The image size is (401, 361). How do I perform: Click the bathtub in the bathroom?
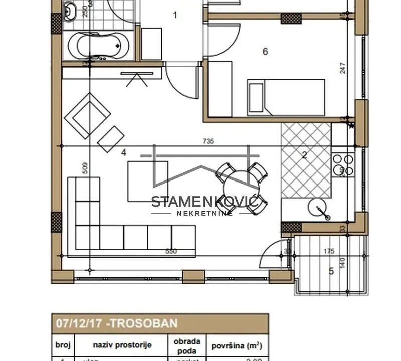pos(98,46)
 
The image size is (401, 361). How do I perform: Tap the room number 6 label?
pos(265,51)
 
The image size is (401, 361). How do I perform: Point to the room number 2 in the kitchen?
pos(304,155)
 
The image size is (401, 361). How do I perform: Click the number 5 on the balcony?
pos(331,271)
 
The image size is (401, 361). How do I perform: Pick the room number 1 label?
pos(175,15)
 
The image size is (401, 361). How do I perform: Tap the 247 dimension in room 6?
pos(343,68)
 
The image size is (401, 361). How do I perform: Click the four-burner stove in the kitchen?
pos(343,165)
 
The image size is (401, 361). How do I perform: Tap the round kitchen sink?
pos(317,207)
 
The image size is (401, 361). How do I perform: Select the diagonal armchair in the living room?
pos(90,116)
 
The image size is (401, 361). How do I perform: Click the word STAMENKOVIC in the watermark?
pos(205,202)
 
